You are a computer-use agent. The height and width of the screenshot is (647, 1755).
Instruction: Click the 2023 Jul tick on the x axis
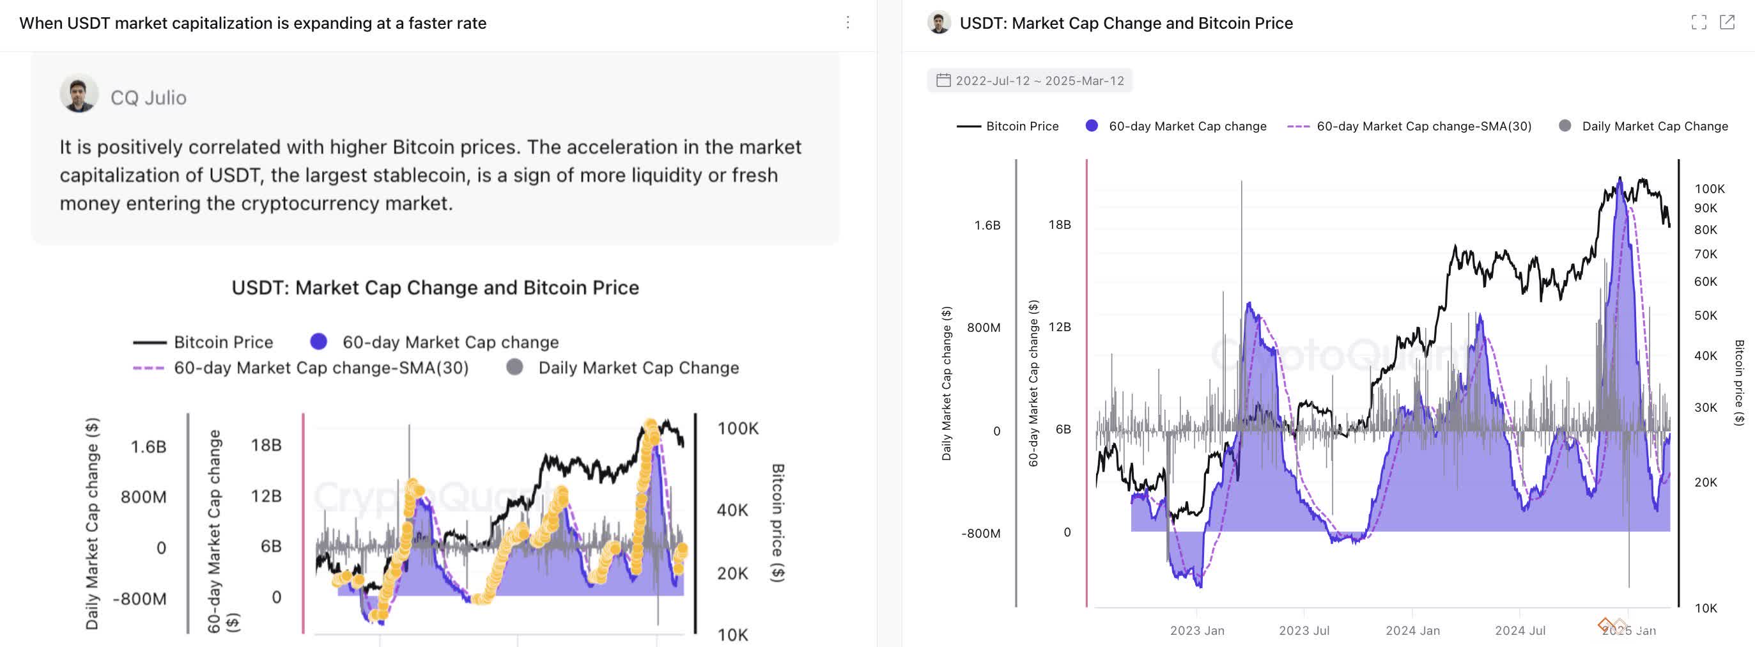(x=1303, y=630)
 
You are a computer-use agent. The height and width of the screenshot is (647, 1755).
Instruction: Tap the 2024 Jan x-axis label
(x=1412, y=630)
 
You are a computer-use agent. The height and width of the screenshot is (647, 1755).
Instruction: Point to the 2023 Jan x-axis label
(x=1197, y=630)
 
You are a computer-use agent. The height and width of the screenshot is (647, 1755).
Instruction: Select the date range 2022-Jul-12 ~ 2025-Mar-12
(x=1039, y=81)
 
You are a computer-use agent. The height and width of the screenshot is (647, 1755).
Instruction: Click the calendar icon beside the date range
(x=943, y=81)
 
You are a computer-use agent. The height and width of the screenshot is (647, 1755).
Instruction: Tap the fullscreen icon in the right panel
(x=1699, y=22)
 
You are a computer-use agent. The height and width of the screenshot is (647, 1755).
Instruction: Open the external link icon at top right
(x=1727, y=22)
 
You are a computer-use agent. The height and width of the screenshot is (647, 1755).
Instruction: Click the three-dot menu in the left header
(x=847, y=22)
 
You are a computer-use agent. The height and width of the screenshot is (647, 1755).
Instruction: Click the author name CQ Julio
(x=148, y=97)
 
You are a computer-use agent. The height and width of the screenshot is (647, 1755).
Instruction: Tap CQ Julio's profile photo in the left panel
(x=79, y=93)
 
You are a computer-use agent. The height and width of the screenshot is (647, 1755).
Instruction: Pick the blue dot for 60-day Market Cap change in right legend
(x=1092, y=125)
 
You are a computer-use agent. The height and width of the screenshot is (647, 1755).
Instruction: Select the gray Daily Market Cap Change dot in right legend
(x=1565, y=125)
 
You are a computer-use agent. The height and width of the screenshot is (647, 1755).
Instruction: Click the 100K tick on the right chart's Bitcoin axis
(x=1710, y=189)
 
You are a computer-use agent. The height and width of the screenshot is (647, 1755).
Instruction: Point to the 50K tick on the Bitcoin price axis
(x=1705, y=316)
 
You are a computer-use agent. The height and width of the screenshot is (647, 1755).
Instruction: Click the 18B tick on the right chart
(x=1060, y=224)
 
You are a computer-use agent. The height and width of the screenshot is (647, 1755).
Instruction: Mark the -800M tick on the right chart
(x=980, y=533)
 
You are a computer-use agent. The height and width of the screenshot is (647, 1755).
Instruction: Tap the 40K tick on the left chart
(x=732, y=510)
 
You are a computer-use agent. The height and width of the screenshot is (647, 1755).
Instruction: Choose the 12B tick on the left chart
(x=266, y=495)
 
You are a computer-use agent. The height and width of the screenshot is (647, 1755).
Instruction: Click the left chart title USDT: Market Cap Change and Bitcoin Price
(x=435, y=288)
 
